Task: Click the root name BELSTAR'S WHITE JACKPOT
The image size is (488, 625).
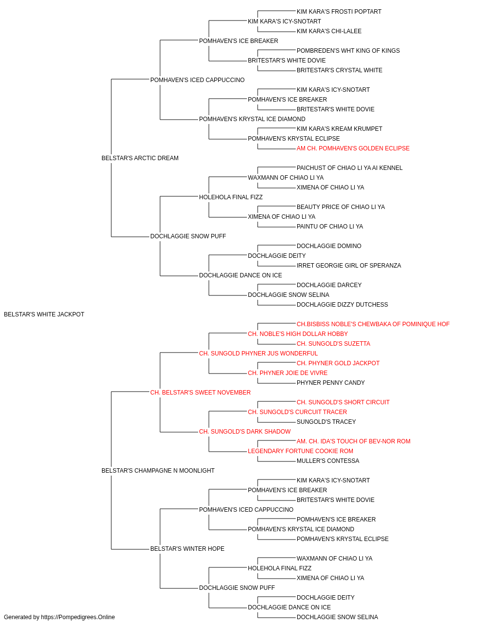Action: pos(44,314)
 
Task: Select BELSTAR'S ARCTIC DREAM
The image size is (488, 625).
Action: pos(140,158)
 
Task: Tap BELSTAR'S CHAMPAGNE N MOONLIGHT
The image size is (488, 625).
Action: pos(158,471)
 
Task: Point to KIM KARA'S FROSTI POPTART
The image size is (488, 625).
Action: pos(339,12)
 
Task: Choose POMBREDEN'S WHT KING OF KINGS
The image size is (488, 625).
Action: pos(348,51)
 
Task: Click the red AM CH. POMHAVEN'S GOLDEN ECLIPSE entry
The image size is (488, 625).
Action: pos(353,148)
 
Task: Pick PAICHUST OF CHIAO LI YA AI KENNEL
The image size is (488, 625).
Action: pos(349,168)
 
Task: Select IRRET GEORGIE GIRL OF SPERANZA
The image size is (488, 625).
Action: pos(348,266)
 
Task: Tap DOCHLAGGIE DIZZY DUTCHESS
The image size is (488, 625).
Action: pos(342,305)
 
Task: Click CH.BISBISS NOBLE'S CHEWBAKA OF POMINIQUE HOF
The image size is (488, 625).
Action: pos(373,324)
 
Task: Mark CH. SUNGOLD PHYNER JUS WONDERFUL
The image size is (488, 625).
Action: pos(258,354)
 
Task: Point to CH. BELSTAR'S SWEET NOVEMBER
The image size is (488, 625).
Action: pos(200,393)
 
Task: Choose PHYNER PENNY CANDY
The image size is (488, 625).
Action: pos(330,383)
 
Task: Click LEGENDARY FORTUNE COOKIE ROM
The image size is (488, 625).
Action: pos(300,451)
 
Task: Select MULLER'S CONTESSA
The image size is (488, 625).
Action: pos(328,461)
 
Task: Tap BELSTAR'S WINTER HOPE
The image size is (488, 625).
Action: pos(187,549)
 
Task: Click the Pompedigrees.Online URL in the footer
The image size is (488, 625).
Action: pos(78,617)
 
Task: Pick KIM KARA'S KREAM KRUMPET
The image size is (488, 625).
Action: pos(340,129)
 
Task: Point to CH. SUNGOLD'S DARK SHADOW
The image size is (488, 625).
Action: pos(245,432)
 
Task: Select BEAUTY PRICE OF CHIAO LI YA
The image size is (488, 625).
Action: pos(341,207)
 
